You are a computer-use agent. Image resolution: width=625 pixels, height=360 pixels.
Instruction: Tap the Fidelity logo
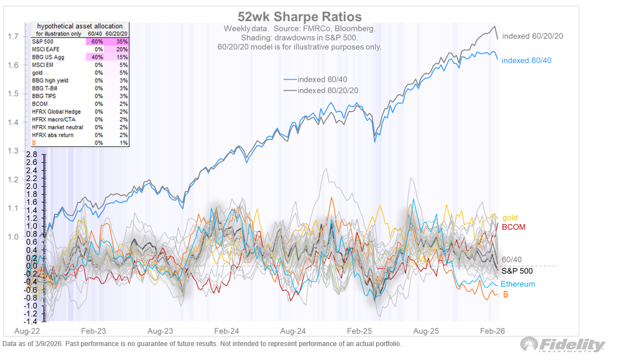(562, 345)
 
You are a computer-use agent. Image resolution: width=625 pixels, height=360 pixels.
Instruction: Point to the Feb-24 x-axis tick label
(227, 330)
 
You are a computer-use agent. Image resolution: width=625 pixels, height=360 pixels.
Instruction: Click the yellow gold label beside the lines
(510, 218)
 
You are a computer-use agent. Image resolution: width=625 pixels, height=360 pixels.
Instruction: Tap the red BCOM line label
(513, 227)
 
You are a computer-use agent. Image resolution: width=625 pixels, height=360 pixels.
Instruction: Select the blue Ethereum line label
(517, 284)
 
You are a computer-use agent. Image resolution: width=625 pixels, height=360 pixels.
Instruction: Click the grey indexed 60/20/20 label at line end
(532, 36)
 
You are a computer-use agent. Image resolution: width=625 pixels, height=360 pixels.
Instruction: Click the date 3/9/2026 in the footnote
(50, 344)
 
